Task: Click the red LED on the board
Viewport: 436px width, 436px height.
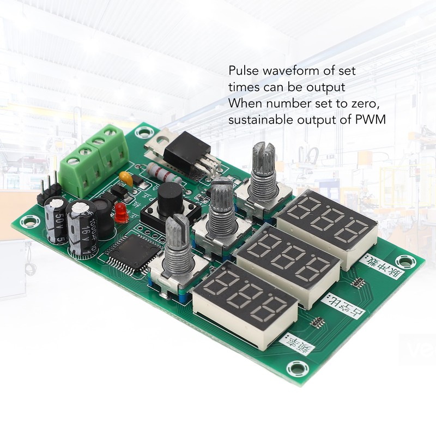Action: [x=121, y=215]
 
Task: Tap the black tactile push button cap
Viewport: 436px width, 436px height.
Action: [x=169, y=195]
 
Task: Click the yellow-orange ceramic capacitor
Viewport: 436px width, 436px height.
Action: [x=125, y=178]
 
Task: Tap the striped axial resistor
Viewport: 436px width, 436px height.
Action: [x=164, y=174]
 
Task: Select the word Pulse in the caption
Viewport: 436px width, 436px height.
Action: [x=241, y=71]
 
